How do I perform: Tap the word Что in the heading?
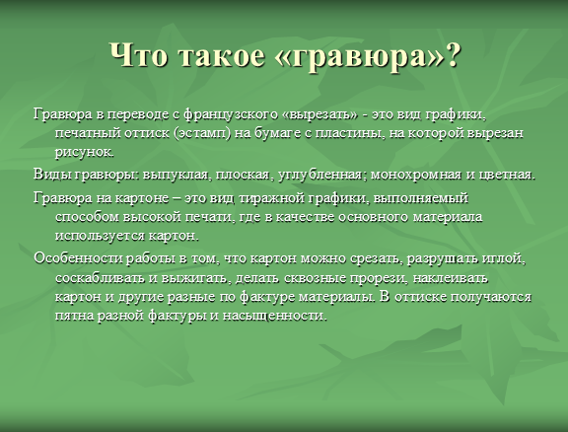[x=139, y=55]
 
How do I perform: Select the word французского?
[x=231, y=114]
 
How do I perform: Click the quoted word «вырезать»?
[x=319, y=114]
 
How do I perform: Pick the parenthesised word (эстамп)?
[x=202, y=134]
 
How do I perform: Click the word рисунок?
[x=85, y=152]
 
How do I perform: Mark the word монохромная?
[x=416, y=175]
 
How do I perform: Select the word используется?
[x=100, y=237]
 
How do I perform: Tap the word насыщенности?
[x=275, y=316]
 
